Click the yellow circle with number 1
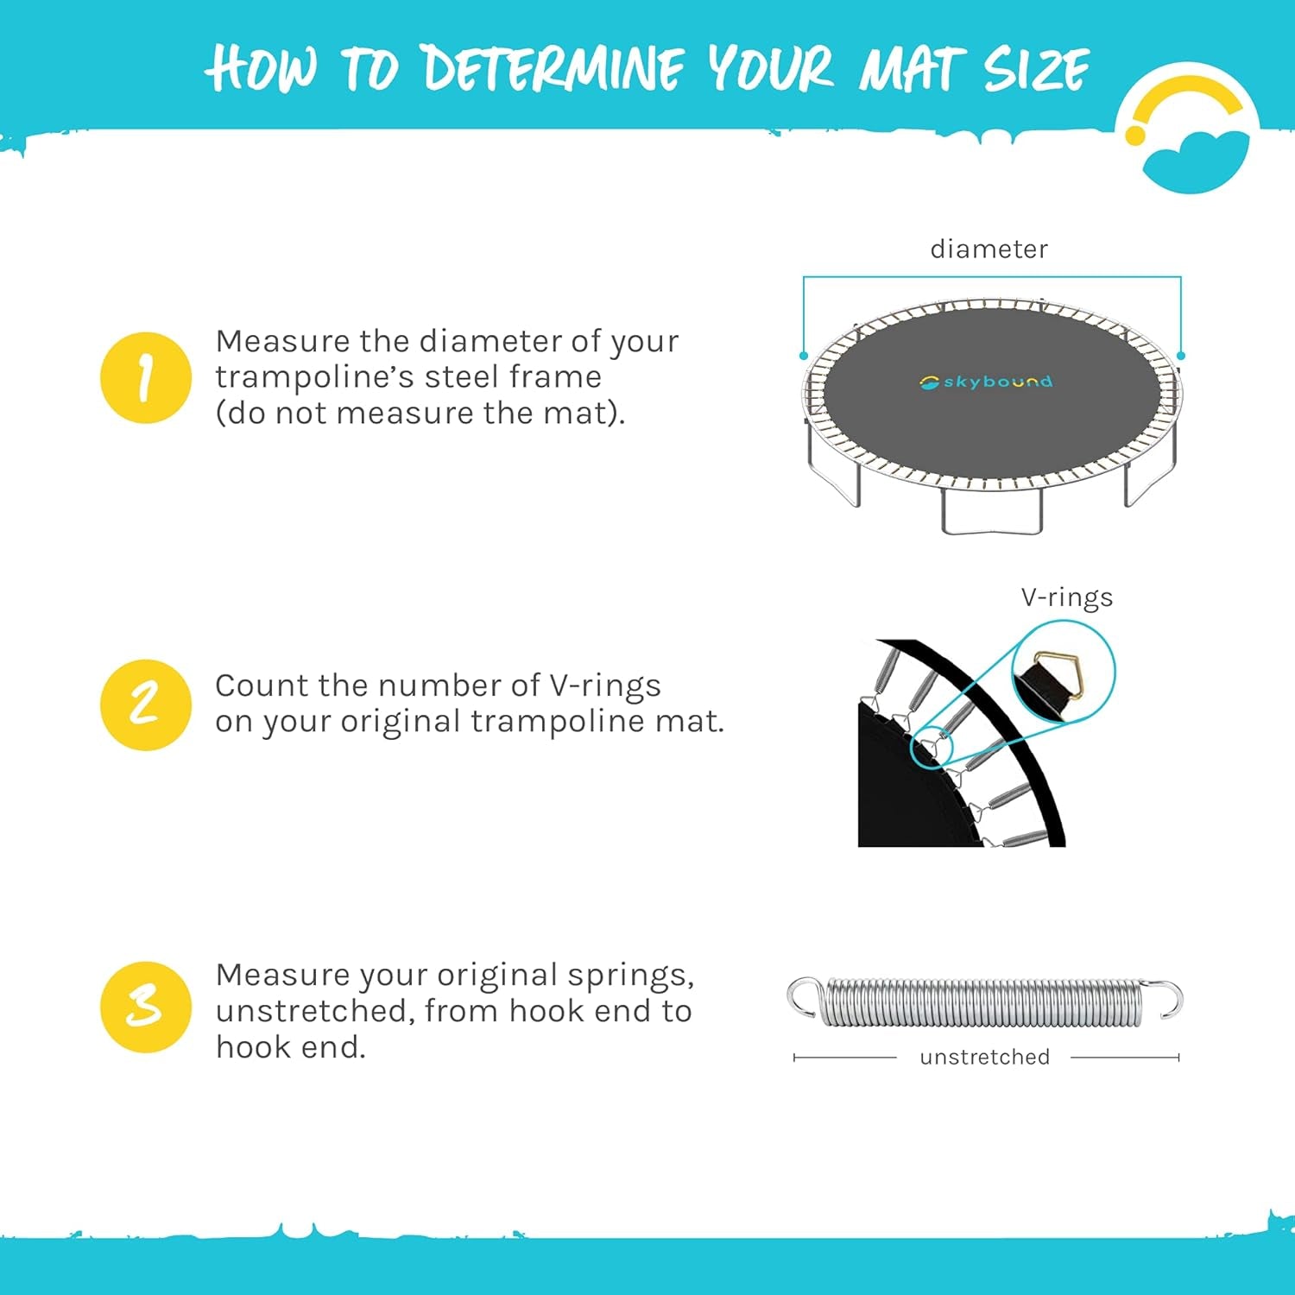click(x=145, y=377)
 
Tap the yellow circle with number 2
click(x=145, y=704)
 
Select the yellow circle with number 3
click(x=145, y=1007)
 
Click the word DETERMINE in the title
click(x=553, y=69)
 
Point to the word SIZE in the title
click(x=1035, y=69)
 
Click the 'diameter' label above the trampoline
click(x=989, y=250)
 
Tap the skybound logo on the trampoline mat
click(x=986, y=382)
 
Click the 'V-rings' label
click(x=1066, y=597)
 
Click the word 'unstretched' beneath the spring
click(x=984, y=1057)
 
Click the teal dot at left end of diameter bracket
click(x=804, y=356)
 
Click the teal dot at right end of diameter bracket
click(x=1181, y=356)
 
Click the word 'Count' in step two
click(x=261, y=685)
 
